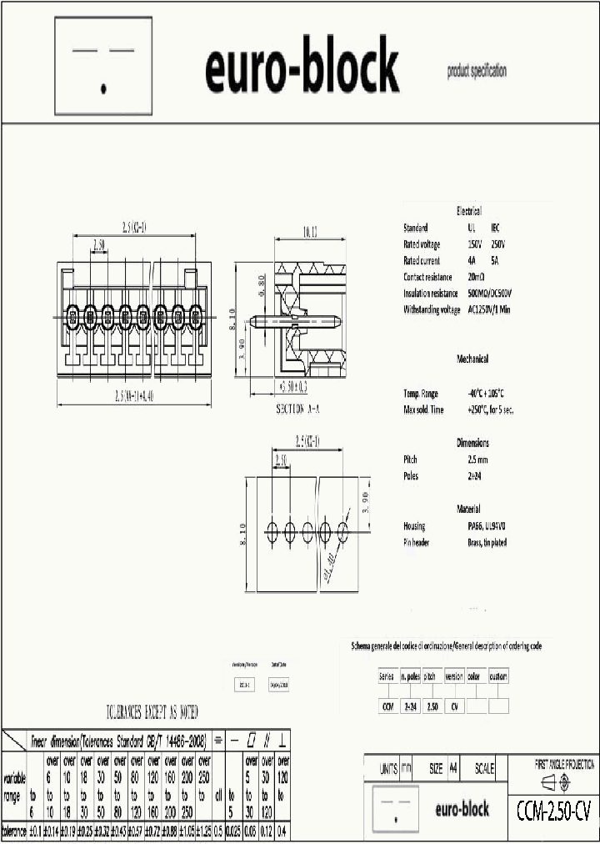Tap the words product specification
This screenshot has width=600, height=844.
click(x=476, y=71)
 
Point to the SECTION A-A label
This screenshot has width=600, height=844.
click(x=297, y=409)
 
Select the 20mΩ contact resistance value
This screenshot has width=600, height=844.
click(x=477, y=277)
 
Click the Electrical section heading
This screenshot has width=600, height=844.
click(x=468, y=211)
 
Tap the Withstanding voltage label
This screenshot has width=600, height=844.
click(x=432, y=310)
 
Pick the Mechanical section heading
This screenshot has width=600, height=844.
click(x=472, y=359)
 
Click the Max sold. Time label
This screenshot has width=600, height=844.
click(x=423, y=409)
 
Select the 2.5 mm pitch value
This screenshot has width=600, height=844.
click(x=478, y=460)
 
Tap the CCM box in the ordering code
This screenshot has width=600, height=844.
click(x=387, y=706)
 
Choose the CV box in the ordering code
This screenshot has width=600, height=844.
click(x=454, y=706)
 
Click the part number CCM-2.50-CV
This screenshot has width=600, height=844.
click(x=553, y=809)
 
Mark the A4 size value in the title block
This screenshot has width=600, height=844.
click(x=453, y=769)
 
